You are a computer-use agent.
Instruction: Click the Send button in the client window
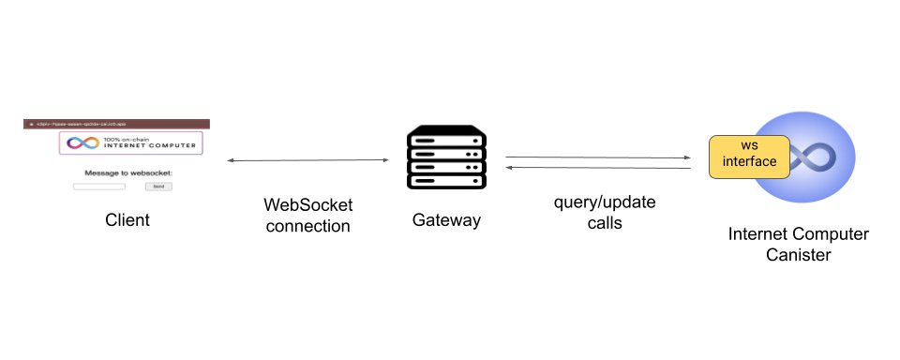(158, 187)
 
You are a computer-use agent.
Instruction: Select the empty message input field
(99, 187)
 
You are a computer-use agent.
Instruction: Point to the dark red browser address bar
(116, 124)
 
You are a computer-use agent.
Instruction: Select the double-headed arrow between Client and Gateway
(307, 161)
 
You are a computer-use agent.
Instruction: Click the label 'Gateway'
(446, 220)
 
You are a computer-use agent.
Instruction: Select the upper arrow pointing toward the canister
(597, 157)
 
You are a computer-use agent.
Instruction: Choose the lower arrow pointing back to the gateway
(597, 168)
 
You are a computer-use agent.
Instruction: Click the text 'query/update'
(602, 203)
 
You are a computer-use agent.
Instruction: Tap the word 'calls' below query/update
(602, 225)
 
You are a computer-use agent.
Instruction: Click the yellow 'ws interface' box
(750, 155)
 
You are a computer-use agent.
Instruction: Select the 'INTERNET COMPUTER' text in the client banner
(143, 146)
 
